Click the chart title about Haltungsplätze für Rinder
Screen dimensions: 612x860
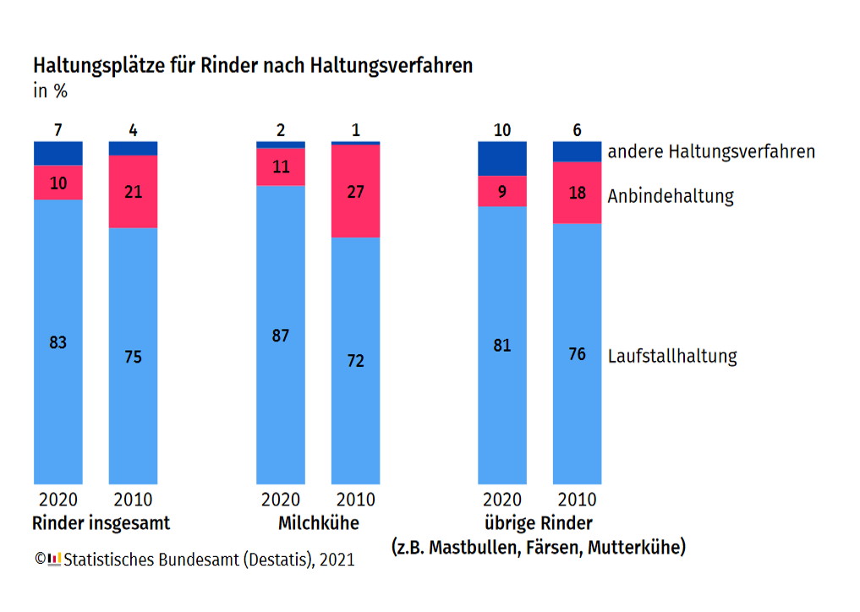(x=252, y=66)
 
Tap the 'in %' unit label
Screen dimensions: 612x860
(x=50, y=91)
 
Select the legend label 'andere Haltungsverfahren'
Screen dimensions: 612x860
(x=711, y=152)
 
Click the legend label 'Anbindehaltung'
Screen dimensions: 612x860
(x=671, y=196)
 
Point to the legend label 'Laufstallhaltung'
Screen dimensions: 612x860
(x=672, y=356)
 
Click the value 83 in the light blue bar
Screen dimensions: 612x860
(x=58, y=343)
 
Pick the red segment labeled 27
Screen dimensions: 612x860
(x=355, y=192)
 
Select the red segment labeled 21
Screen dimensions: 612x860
(x=133, y=192)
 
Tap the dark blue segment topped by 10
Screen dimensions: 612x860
(x=502, y=158)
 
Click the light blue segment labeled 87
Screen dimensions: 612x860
(x=281, y=336)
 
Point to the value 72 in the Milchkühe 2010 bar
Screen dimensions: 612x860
(x=355, y=361)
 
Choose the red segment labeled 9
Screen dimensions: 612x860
(x=502, y=191)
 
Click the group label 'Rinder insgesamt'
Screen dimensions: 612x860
(x=101, y=523)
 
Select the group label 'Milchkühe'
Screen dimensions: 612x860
(x=318, y=523)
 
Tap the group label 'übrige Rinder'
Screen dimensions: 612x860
(x=538, y=522)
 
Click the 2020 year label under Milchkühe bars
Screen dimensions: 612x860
(x=281, y=500)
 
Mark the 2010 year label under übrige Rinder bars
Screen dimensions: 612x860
(x=577, y=500)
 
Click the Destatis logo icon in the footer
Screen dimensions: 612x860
(x=54, y=559)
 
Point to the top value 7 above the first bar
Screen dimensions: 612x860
(x=58, y=130)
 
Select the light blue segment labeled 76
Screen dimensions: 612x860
(x=577, y=353)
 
